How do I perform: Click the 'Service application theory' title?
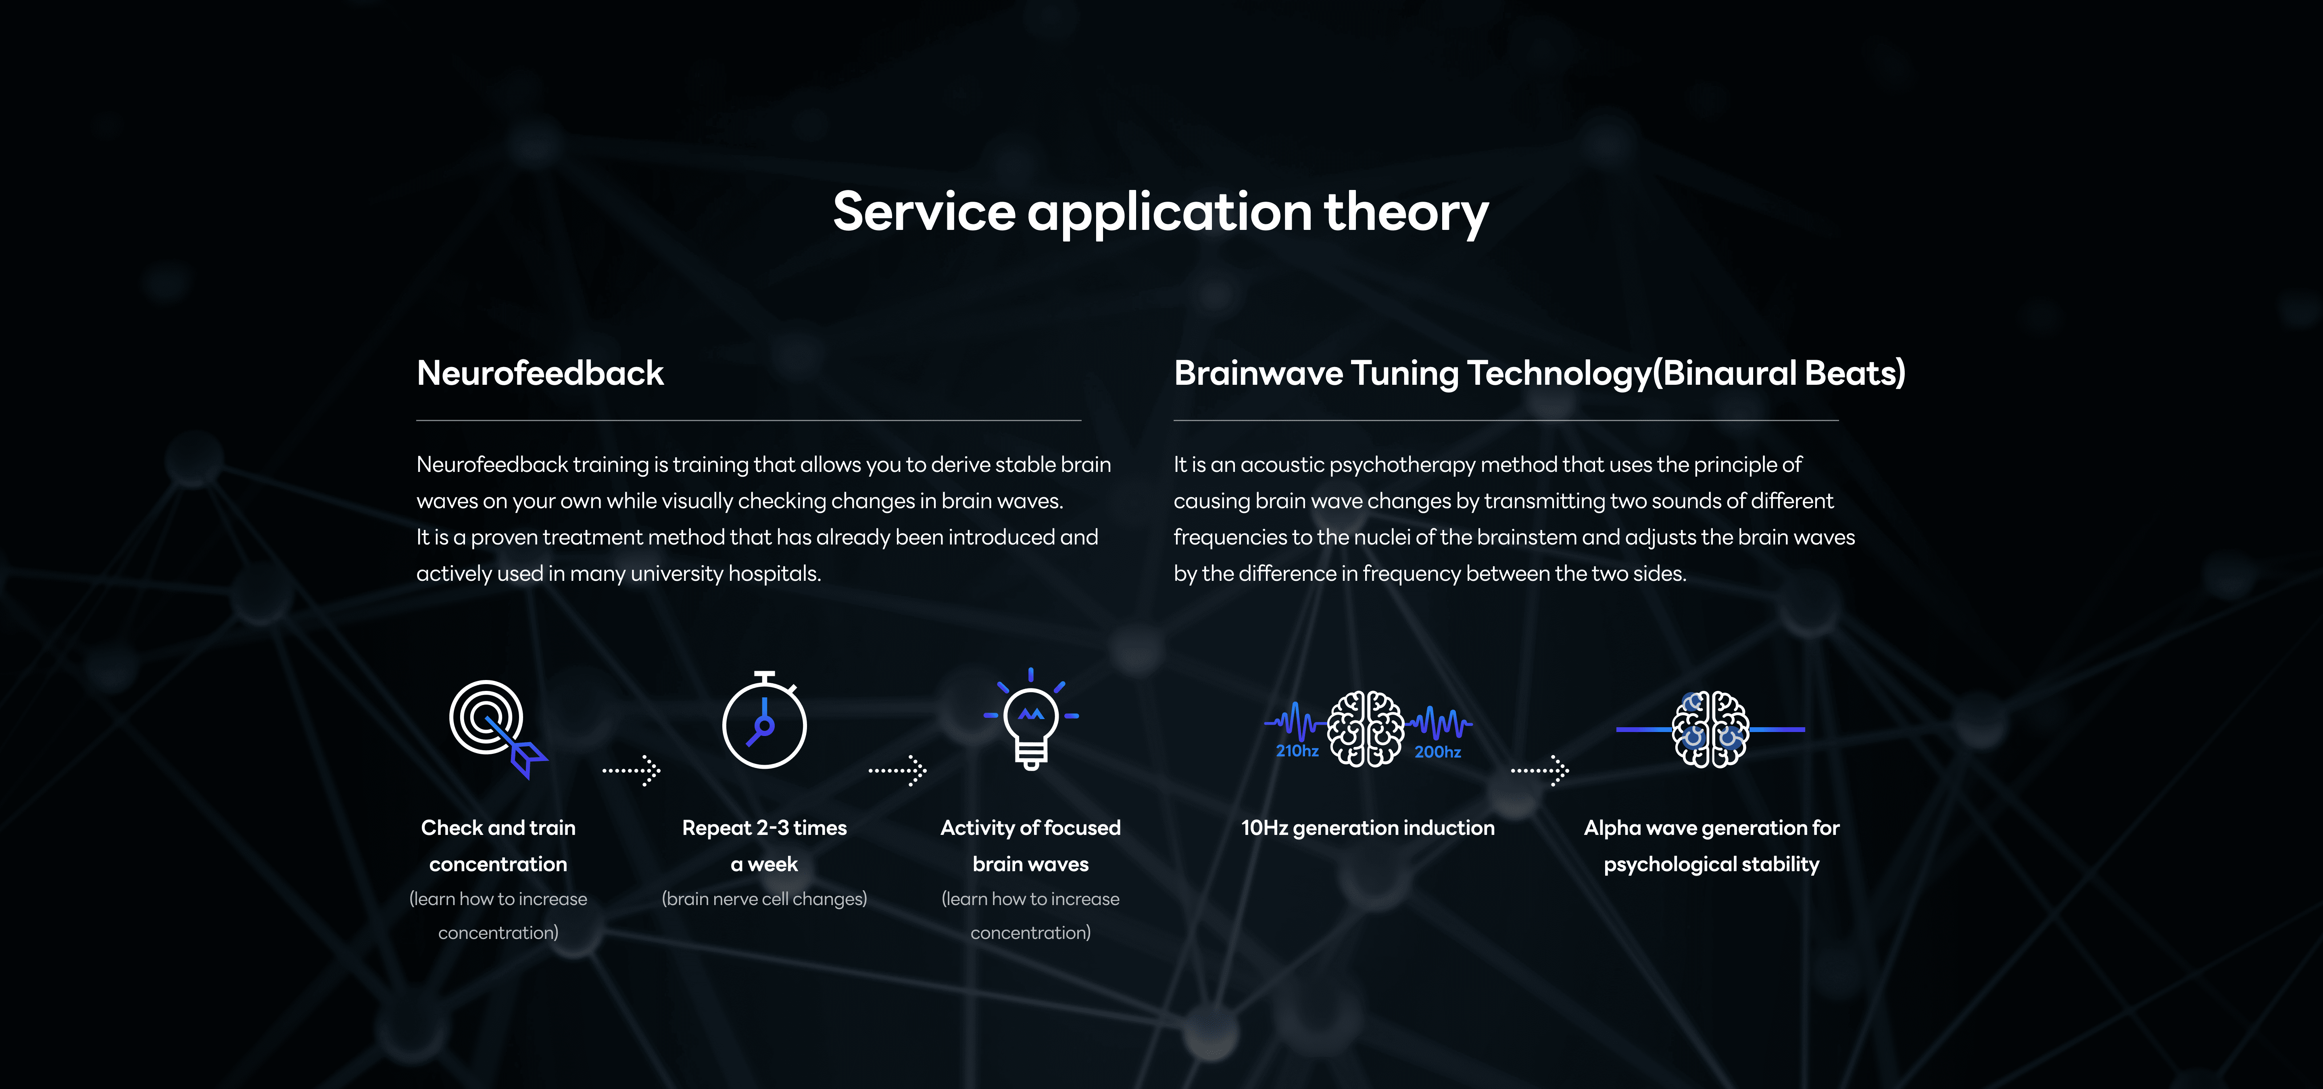(1161, 213)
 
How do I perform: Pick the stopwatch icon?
(765, 720)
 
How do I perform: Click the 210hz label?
(1297, 751)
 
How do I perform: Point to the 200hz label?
(1437, 752)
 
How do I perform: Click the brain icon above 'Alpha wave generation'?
(1711, 728)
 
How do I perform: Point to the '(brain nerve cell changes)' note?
(765, 899)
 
